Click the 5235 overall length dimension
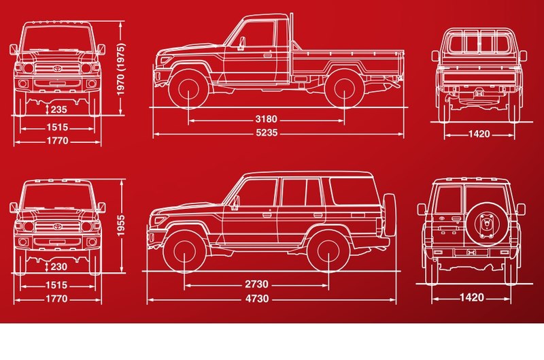click(x=267, y=133)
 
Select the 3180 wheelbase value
click(x=267, y=119)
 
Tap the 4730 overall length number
click(x=257, y=299)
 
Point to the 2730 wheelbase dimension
click(x=257, y=284)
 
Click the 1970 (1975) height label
click(x=121, y=69)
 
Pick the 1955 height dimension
click(x=121, y=226)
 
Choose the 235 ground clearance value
click(x=59, y=110)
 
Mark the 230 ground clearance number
click(x=59, y=267)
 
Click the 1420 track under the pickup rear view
click(x=479, y=134)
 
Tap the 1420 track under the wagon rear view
click(x=471, y=297)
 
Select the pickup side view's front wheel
click(x=189, y=88)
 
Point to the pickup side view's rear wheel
click(x=344, y=88)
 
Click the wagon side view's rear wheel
click(x=328, y=250)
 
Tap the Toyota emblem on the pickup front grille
click(x=57, y=68)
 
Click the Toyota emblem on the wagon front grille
click(x=57, y=227)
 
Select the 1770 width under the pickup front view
click(x=58, y=141)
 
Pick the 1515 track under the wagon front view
click(x=56, y=285)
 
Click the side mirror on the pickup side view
click(x=241, y=44)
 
